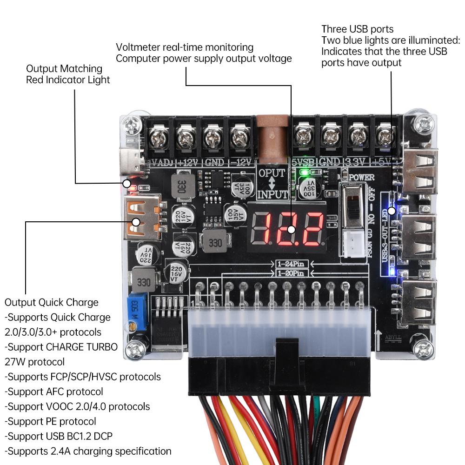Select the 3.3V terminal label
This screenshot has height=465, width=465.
point(356,162)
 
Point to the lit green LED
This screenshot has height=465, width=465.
point(305,173)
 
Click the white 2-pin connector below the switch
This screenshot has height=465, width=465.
point(355,242)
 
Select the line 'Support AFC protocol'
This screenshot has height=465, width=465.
point(54,392)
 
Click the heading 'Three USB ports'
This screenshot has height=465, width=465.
point(357,29)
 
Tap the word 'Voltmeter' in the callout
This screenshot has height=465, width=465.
point(137,47)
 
